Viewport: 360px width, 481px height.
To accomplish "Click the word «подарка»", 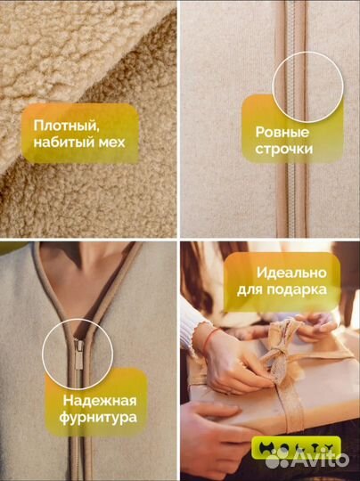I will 308,289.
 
